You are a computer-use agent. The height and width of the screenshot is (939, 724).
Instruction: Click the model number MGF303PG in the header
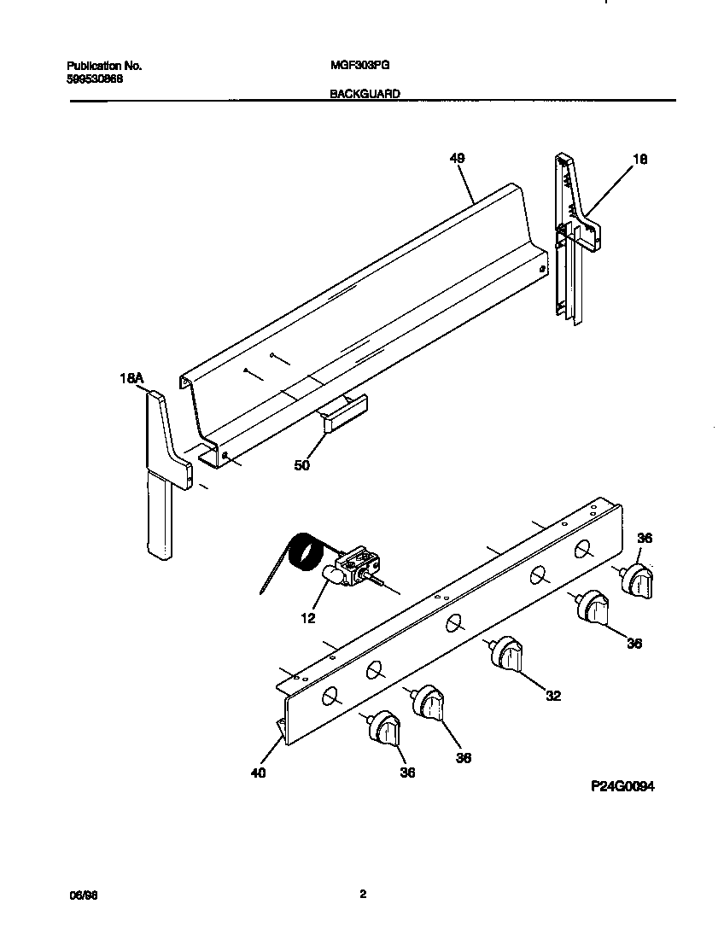353,65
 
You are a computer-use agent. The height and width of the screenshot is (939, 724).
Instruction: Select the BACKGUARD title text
365,95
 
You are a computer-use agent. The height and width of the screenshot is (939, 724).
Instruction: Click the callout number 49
457,158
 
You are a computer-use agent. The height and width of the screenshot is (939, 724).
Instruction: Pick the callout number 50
302,465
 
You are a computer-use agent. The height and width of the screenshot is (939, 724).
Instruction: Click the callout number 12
308,617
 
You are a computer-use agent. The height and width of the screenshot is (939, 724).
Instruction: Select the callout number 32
553,696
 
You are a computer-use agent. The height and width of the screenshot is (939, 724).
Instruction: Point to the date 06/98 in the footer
79,895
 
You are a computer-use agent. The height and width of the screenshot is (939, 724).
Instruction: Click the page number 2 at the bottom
362,895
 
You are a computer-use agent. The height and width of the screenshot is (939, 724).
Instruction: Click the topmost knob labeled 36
636,580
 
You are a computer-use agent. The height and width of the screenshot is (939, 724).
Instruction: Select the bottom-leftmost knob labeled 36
385,728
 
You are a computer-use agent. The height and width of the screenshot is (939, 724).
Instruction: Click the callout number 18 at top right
640,158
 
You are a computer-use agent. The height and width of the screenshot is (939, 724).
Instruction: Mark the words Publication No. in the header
103,65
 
